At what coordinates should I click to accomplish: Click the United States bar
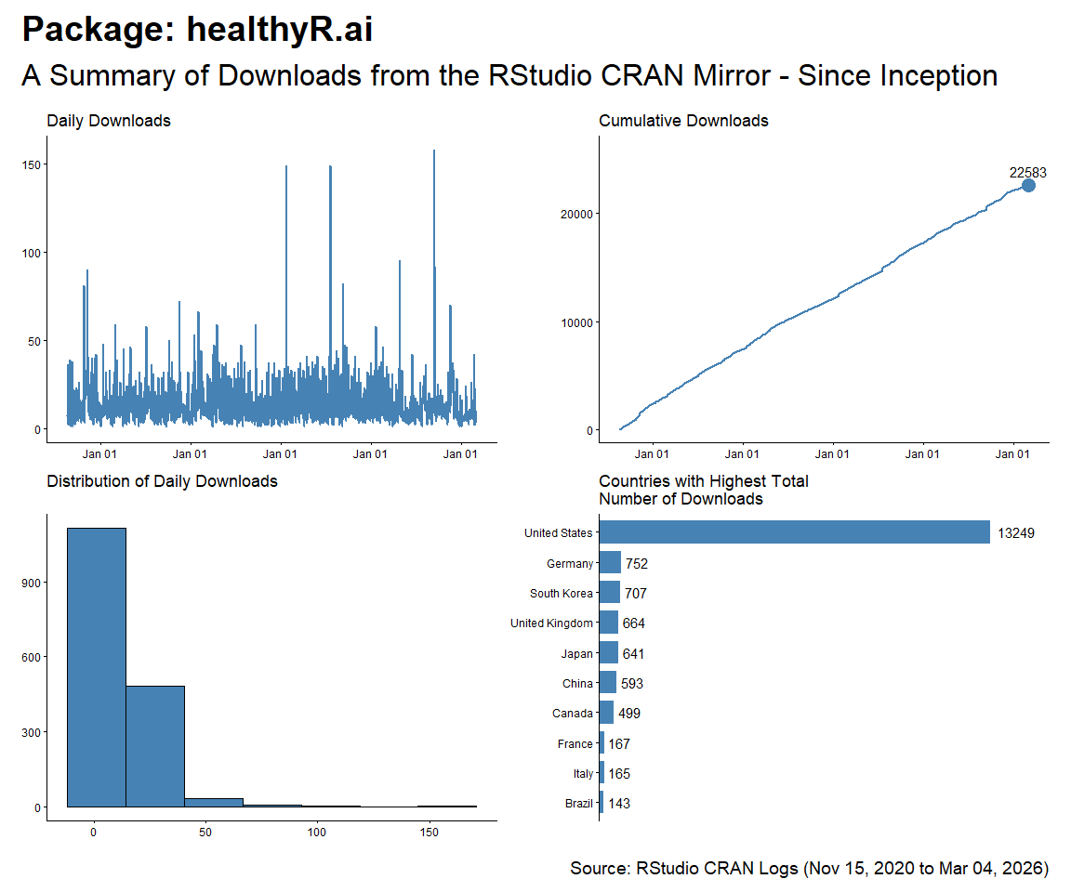[x=795, y=532]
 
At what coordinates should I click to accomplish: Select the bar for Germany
[x=610, y=563]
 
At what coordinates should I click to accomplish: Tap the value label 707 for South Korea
[x=636, y=594]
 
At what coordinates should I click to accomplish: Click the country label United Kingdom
[x=551, y=623]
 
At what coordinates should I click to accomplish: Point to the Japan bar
[x=609, y=653]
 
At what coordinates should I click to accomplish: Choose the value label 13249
[x=1015, y=533]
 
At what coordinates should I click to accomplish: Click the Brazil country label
[x=578, y=804]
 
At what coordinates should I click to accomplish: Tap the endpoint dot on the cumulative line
[x=1028, y=185]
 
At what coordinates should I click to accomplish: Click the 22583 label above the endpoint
[x=1028, y=172]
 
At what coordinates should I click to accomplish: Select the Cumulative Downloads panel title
[x=683, y=121]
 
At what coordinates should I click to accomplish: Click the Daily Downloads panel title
[x=109, y=121]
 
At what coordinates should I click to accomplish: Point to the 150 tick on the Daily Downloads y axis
[x=31, y=164]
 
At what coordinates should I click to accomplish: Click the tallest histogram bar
[x=96, y=667]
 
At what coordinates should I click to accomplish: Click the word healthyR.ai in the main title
[x=280, y=30]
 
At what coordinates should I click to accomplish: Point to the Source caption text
[x=809, y=869]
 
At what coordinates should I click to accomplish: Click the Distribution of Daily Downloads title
[x=162, y=481]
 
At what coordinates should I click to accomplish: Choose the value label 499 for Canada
[x=629, y=714]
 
